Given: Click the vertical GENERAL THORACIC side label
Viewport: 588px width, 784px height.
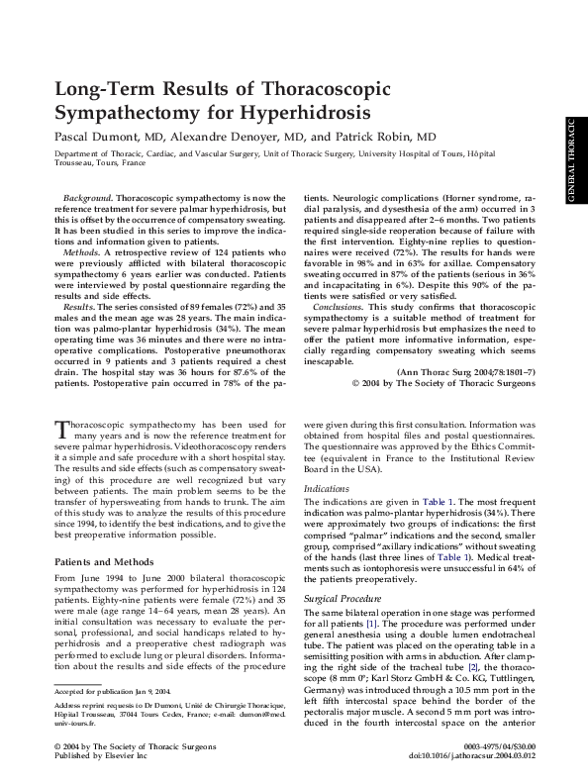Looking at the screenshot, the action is coord(572,162).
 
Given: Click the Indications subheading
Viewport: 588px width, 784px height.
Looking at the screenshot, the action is coord(328,434).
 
